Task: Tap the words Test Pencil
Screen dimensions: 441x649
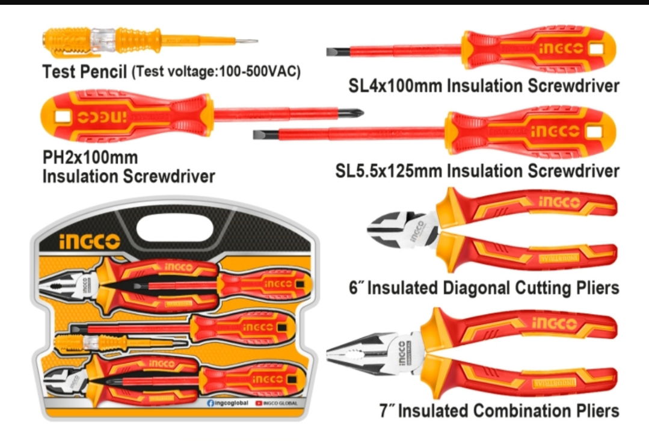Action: tap(84, 72)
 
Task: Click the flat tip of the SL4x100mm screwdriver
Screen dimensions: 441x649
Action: tap(331, 52)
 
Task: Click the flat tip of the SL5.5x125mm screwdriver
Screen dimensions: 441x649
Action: tap(258, 134)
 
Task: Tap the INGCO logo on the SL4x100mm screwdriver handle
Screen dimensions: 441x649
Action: tap(559, 49)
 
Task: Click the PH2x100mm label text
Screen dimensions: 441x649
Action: tap(90, 158)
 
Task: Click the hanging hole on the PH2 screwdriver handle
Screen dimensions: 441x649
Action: tap(58, 114)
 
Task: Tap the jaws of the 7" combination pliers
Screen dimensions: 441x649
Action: tap(355, 353)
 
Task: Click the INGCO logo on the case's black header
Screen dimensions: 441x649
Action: tap(90, 241)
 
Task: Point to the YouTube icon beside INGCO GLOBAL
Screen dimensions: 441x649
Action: tap(259, 403)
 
